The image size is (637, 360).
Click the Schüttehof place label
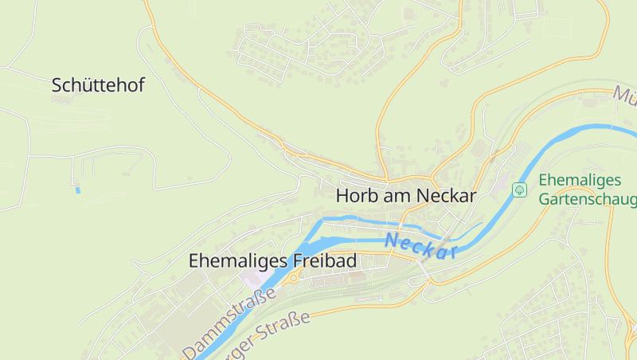tap(98, 85)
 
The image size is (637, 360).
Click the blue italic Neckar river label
tap(420, 245)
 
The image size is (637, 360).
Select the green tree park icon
tap(519, 190)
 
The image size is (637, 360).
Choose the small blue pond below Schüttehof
tap(77, 190)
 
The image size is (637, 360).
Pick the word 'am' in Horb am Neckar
tap(398, 195)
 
